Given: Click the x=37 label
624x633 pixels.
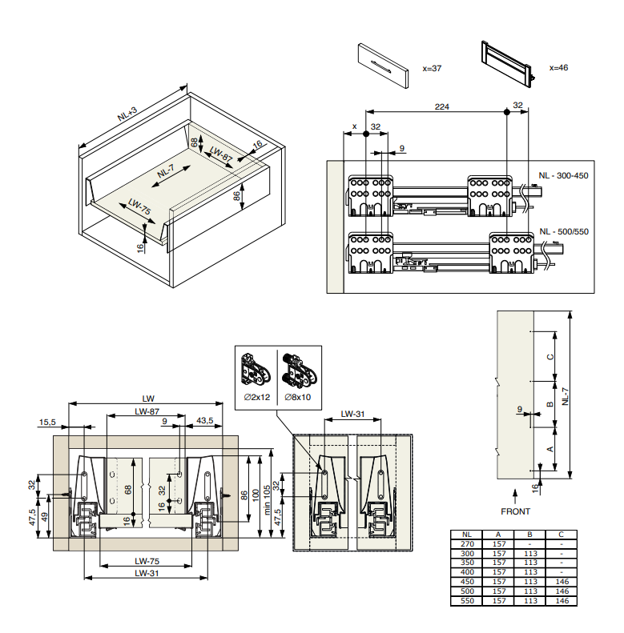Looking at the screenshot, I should pos(431,69).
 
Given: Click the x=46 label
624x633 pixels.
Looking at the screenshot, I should pos(558,68).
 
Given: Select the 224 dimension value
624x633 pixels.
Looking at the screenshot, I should pos(441,105).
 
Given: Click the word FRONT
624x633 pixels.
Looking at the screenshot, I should pos(515,511).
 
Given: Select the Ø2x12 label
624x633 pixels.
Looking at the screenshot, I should pos(259,398).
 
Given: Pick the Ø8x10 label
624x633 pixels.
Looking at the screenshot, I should pos(300,398).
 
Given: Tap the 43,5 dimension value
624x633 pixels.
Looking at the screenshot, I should pos(204,421).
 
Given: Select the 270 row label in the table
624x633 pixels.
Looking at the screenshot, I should pos(468,543).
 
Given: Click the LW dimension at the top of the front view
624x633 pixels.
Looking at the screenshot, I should pos(147,398).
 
